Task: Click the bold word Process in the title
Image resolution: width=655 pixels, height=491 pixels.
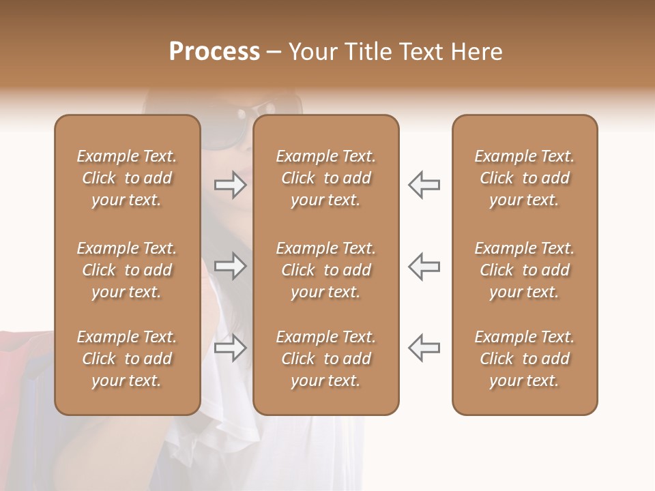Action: click(x=214, y=51)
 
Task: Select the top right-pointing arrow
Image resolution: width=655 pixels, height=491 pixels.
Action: click(x=230, y=185)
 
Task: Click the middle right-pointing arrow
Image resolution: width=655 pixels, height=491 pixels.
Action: click(x=230, y=266)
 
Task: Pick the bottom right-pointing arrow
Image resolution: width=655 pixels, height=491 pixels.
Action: click(x=230, y=348)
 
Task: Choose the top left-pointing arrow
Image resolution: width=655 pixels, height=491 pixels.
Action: click(x=424, y=185)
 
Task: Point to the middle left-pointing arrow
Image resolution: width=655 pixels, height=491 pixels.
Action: click(x=424, y=266)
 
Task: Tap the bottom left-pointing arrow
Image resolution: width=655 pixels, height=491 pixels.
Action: click(x=424, y=348)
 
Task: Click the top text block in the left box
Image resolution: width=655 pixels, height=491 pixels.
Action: click(x=127, y=178)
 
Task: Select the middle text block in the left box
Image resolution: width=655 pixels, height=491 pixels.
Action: click(x=127, y=270)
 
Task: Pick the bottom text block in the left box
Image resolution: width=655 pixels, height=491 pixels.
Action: click(x=127, y=359)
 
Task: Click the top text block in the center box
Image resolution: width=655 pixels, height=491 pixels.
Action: click(x=325, y=178)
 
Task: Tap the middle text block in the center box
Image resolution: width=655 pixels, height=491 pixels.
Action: click(x=325, y=270)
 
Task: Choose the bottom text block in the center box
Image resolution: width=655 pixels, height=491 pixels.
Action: click(x=325, y=359)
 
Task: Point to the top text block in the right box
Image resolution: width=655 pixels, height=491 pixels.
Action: click(x=524, y=178)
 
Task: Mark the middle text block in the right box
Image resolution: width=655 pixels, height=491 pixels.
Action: click(x=524, y=270)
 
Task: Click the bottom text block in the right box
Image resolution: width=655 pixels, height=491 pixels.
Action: click(x=524, y=359)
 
